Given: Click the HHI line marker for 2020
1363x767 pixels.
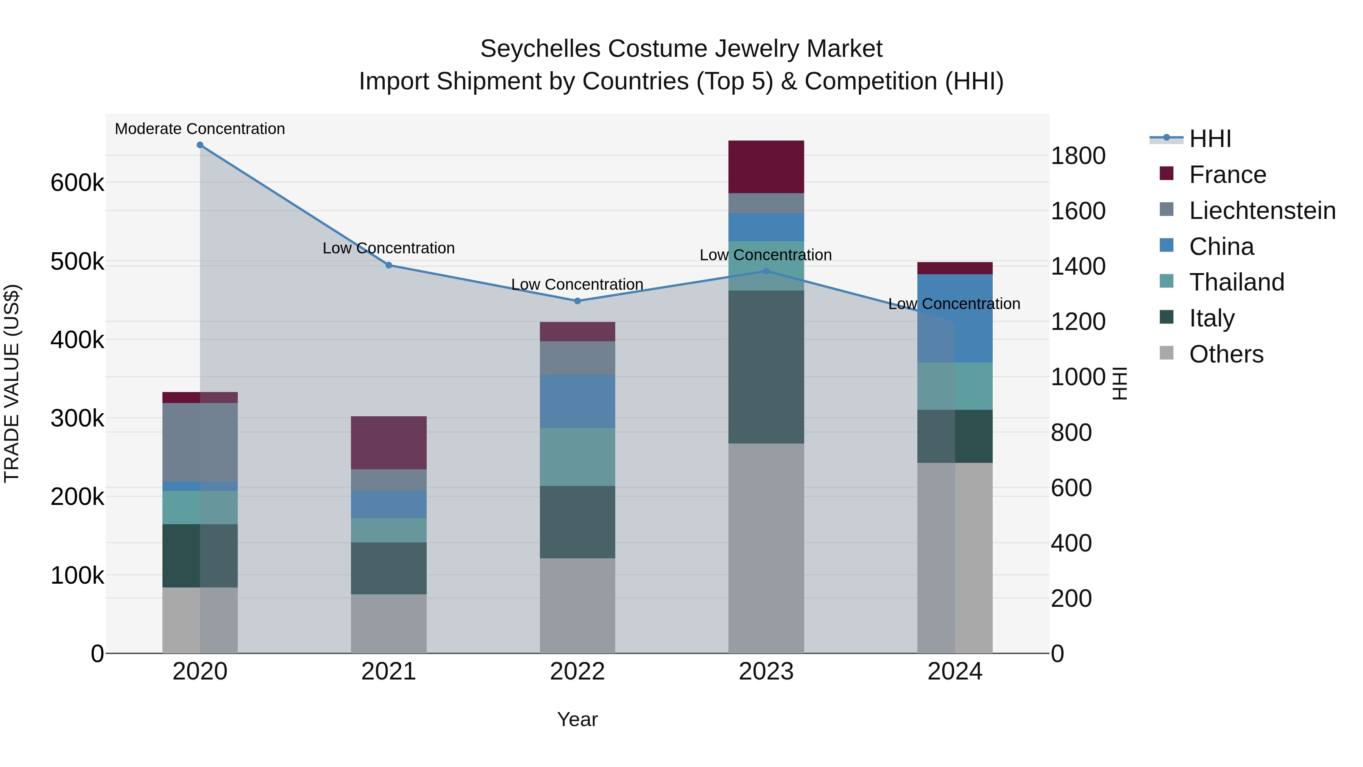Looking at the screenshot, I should (x=200, y=145).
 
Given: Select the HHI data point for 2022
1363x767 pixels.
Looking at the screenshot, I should (x=577, y=301).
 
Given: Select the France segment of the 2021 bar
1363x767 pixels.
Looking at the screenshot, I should (x=388, y=442).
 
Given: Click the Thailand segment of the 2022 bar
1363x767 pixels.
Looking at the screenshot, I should (x=577, y=457).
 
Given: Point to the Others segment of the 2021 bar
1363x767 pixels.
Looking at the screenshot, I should (x=388, y=623).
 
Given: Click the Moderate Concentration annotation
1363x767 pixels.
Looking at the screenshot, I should (x=200, y=129).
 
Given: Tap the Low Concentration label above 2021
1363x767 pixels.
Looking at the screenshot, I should (x=388, y=248).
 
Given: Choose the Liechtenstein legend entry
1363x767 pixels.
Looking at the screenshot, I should (x=1262, y=211).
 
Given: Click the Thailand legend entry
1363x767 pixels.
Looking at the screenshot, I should (x=1236, y=282).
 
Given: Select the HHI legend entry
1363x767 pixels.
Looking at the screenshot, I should (x=1210, y=139).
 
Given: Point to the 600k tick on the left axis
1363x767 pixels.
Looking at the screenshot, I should (x=77, y=183).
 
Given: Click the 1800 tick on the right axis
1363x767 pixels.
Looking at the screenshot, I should (x=1078, y=156).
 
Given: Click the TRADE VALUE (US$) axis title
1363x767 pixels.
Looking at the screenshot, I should (x=12, y=383).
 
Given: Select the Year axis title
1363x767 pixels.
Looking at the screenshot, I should (x=577, y=719).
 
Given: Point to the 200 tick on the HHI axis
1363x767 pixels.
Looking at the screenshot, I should (x=1071, y=599).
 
